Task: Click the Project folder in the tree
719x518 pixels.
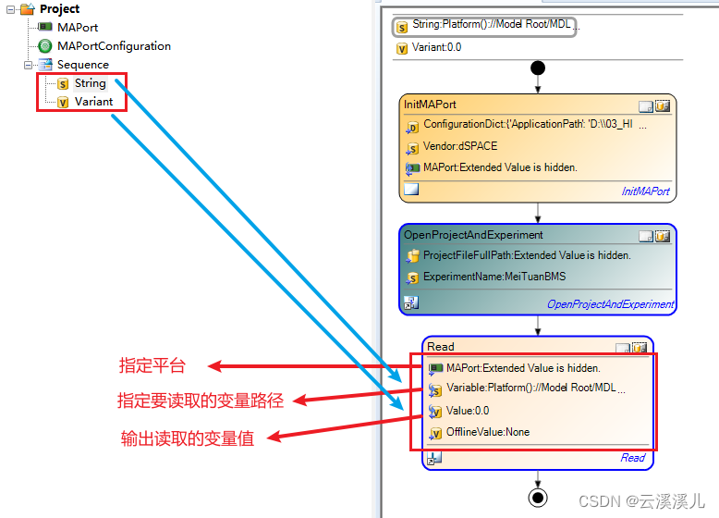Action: [58, 9]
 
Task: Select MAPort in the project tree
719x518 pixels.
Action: [77, 28]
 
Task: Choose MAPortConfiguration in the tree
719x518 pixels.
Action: [113, 46]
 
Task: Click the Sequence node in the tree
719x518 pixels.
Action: [82, 65]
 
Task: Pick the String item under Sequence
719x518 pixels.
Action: [90, 83]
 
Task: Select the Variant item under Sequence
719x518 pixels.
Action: [93, 102]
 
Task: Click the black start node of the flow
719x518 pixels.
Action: [538, 68]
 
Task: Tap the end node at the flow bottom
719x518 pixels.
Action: [538, 498]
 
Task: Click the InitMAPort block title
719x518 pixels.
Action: [430, 105]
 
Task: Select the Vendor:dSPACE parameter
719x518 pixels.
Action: [459, 146]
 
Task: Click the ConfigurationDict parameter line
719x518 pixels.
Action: [527, 125]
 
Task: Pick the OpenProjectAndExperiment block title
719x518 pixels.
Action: [473, 235]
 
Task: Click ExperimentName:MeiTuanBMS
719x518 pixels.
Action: [494, 277]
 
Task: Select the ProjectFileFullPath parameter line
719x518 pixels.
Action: [526, 255]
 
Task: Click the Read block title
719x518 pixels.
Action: [441, 347]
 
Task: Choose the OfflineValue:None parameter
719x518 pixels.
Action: [487, 432]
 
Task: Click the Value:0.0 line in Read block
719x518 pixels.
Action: [468, 411]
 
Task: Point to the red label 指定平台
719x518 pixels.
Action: [152, 365]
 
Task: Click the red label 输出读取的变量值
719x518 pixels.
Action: [188, 438]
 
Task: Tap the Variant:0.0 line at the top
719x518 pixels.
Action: [428, 48]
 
